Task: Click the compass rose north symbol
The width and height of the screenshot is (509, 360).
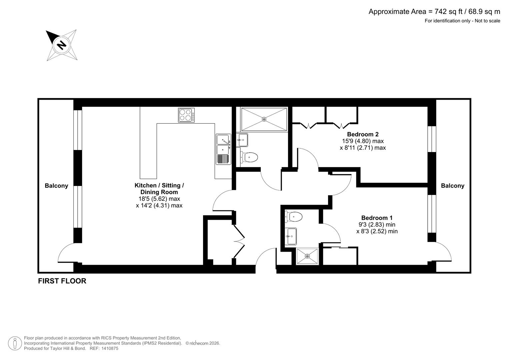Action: tap(61, 45)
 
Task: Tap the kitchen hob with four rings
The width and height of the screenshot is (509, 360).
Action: tap(186, 115)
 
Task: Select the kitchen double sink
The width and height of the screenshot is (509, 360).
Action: tap(223, 149)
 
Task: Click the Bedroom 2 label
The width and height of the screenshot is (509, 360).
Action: tap(363, 134)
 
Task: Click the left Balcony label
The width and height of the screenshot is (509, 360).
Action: tap(56, 186)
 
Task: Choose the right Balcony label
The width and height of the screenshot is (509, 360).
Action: tap(452, 186)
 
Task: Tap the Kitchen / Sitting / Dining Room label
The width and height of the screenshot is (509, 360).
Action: tap(159, 189)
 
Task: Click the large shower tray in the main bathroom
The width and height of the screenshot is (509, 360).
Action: tap(264, 119)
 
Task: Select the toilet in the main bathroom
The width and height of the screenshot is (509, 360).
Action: tap(249, 157)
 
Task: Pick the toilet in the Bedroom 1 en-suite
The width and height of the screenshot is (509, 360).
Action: tap(294, 217)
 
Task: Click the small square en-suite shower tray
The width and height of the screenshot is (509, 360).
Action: tap(307, 256)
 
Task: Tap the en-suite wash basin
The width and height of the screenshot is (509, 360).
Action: tap(291, 236)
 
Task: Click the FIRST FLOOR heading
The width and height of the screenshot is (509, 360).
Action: tap(62, 281)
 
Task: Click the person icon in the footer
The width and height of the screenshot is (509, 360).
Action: tap(15, 343)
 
